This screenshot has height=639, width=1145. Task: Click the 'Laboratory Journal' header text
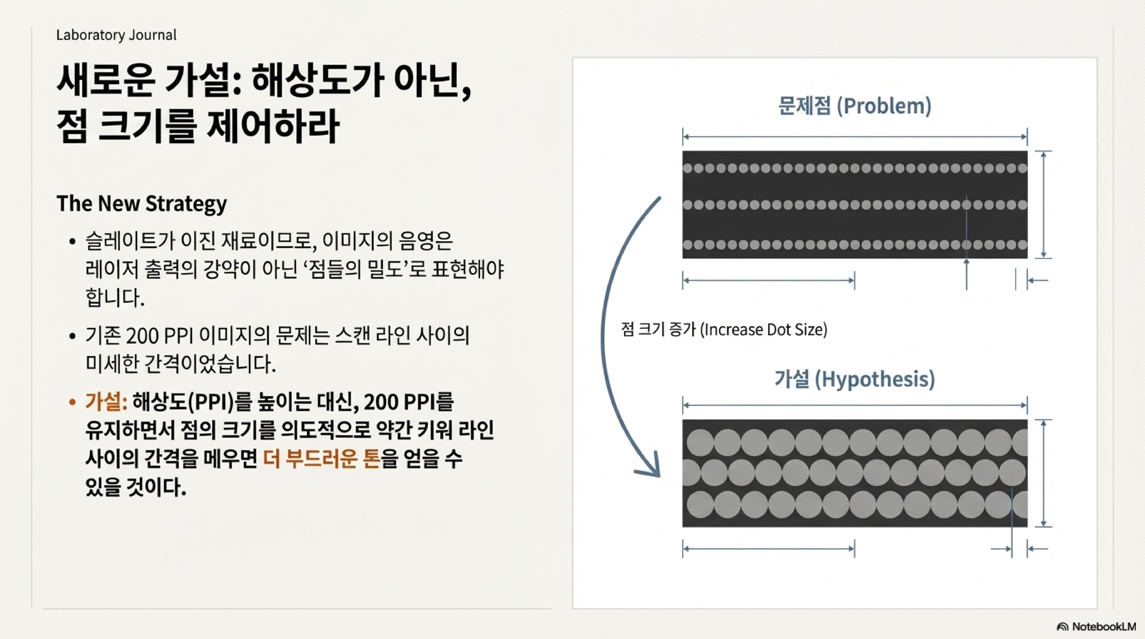(116, 35)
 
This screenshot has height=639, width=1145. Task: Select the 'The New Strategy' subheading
(141, 203)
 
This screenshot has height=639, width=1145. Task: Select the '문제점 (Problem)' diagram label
(854, 106)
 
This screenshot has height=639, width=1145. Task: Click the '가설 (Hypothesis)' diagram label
(854, 379)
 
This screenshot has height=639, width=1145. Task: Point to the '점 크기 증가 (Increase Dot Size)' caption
(724, 330)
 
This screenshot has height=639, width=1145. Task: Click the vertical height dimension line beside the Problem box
(1043, 204)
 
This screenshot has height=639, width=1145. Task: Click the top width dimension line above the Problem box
(854, 137)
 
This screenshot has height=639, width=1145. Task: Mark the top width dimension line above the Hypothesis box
(854, 405)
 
